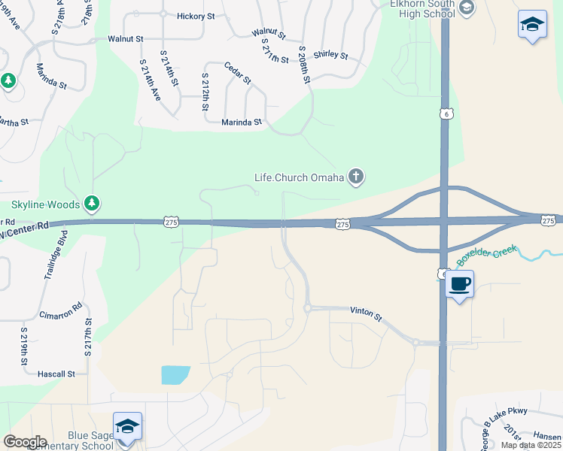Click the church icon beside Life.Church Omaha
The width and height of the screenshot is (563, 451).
coord(356,177)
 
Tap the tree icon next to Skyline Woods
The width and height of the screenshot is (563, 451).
coord(92,203)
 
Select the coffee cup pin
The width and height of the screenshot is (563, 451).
coord(460,284)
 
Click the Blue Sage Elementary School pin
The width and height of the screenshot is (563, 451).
coord(127,426)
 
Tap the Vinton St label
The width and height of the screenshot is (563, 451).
coord(367,310)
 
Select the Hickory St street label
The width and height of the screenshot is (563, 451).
coord(196,16)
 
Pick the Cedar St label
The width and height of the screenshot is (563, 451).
coord(237,73)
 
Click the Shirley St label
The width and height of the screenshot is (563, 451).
coord(330,55)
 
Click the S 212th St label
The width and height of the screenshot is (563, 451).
coord(205,92)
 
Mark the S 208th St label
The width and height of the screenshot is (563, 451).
coord(305,65)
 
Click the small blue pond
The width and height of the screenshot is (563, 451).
coord(175,374)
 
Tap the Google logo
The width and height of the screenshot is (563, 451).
coord(24,442)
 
